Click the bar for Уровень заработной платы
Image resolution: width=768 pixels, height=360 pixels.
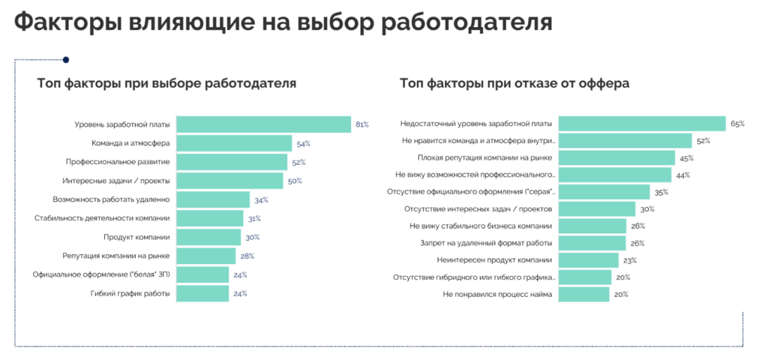[x=262, y=124]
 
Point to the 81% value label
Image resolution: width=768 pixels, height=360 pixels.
[x=361, y=124]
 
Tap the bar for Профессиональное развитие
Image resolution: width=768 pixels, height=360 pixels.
[x=231, y=162]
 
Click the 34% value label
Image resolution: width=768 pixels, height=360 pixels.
[x=261, y=200]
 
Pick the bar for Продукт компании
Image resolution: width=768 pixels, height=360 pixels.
[x=208, y=237]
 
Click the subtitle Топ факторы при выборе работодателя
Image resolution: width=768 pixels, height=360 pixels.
[x=166, y=83]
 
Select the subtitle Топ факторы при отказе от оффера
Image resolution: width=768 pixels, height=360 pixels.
[x=514, y=83]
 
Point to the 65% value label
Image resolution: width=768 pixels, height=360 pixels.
[x=736, y=124]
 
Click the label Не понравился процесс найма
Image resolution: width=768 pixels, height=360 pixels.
[x=497, y=294]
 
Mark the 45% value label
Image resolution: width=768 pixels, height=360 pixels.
[x=685, y=158]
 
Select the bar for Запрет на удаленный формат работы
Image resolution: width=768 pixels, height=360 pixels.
[x=592, y=243]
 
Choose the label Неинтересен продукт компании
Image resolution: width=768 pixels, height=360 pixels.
[x=494, y=260]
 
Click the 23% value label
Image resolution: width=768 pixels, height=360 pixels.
[x=629, y=260]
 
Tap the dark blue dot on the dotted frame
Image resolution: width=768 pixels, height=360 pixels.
[x=66, y=59]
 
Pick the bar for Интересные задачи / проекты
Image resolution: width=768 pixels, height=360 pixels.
[x=229, y=181]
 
